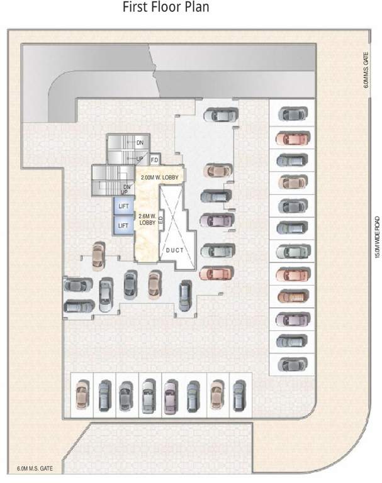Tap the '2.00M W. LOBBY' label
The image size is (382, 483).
[159, 177]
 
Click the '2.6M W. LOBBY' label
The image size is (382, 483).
[147, 219]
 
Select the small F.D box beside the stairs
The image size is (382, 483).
[154, 160]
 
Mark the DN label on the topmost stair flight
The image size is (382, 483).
[140, 143]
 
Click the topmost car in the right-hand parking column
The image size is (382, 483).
[293, 115]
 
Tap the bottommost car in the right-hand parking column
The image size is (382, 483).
[293, 364]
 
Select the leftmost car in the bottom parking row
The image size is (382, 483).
[81, 396]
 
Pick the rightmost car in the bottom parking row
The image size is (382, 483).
[239, 396]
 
